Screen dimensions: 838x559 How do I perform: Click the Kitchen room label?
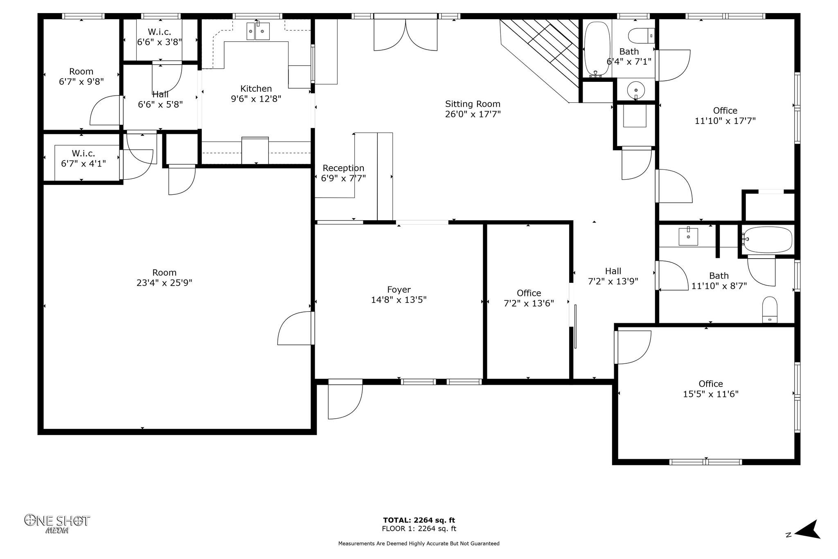pos(256,88)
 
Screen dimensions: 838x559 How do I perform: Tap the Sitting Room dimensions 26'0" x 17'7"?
pos(473,114)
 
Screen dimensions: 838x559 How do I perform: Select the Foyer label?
pos(399,290)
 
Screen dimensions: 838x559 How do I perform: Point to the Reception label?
pos(343,168)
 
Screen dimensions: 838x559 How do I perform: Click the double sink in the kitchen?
pos(258,31)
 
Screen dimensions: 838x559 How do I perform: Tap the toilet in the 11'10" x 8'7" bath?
pos(770,310)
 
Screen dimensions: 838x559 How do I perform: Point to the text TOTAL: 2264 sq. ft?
pos(419,520)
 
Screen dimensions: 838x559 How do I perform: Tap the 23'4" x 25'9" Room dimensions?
pos(164,283)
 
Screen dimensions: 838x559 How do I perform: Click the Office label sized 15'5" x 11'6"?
pos(711,383)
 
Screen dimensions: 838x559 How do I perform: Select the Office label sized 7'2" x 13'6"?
pos(529,293)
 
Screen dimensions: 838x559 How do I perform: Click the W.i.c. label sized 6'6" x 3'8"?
pos(160,32)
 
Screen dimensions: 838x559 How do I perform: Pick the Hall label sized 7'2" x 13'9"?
pos(613,271)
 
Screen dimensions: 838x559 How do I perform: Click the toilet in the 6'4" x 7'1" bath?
pos(641,36)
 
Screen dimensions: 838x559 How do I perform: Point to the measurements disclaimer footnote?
pos(419,543)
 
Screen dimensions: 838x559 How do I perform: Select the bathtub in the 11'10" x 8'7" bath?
pos(768,240)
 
